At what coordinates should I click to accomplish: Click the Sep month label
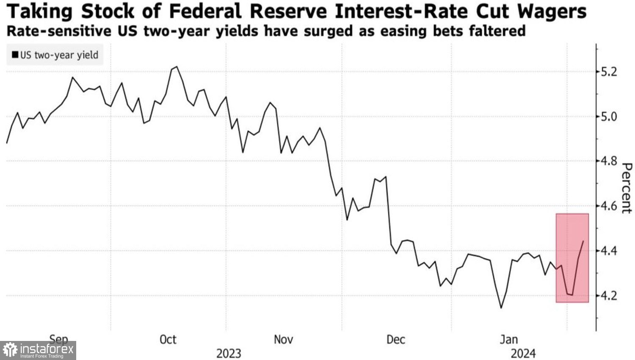(x=58, y=339)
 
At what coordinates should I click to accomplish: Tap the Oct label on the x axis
(x=168, y=340)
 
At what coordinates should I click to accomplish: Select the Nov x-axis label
(x=283, y=340)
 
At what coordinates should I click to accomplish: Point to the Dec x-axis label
(x=396, y=340)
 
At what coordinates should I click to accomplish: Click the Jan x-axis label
(x=508, y=340)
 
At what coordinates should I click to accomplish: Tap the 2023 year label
(x=229, y=353)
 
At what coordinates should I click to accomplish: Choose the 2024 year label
(x=523, y=353)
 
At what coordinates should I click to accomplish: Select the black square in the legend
(x=15, y=55)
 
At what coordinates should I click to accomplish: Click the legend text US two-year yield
(x=59, y=55)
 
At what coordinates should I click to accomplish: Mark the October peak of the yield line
(x=177, y=66)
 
